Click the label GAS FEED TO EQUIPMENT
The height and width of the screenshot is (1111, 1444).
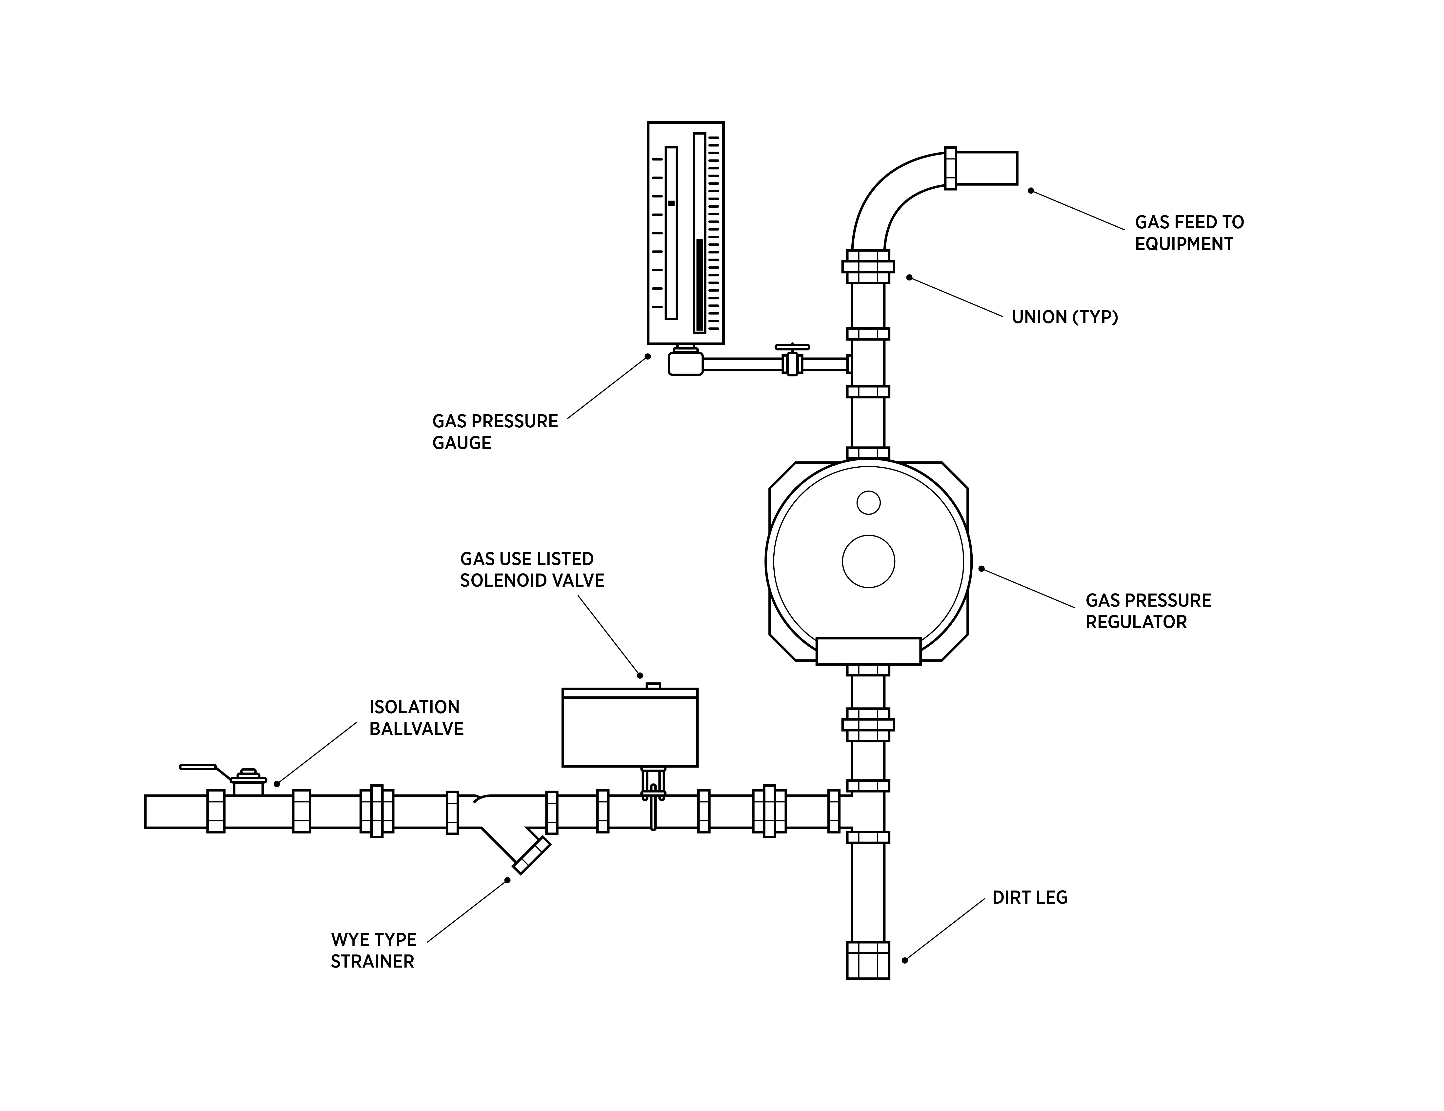(x=1189, y=233)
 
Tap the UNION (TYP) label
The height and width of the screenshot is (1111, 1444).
(x=1064, y=317)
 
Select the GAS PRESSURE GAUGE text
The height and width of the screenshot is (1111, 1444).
(x=495, y=432)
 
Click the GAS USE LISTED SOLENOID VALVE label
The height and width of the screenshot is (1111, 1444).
(x=532, y=570)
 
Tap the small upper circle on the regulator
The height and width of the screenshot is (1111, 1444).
(x=868, y=502)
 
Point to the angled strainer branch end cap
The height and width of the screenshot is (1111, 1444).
(x=532, y=855)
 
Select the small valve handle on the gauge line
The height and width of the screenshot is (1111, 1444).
(x=792, y=347)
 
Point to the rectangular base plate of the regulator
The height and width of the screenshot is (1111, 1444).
(x=868, y=651)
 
